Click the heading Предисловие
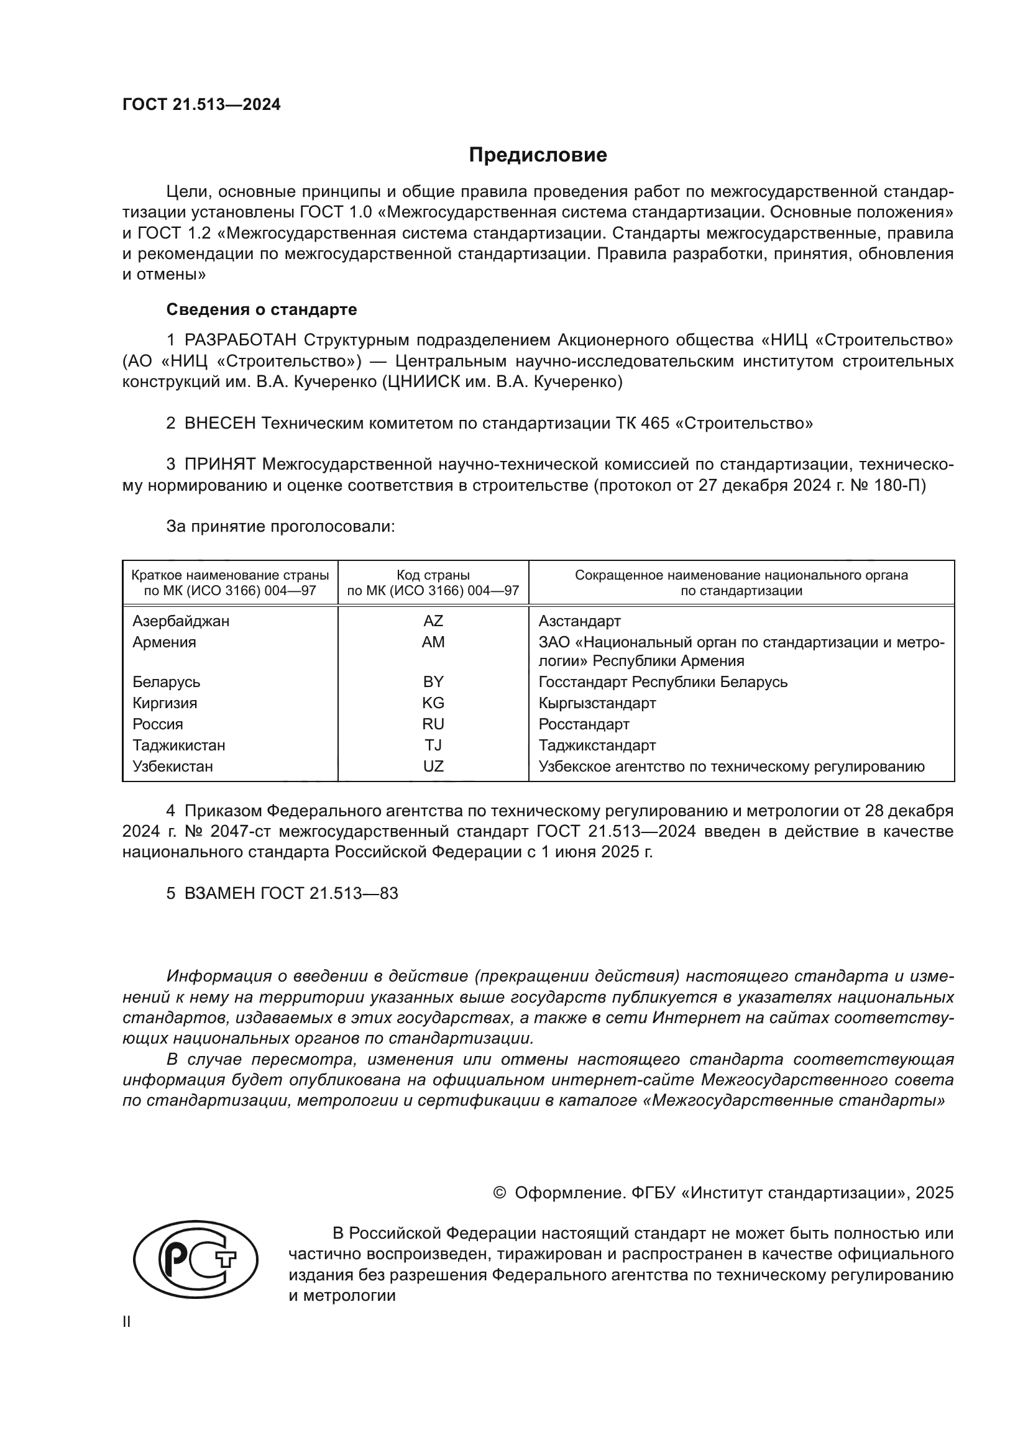538,155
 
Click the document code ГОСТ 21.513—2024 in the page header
201,105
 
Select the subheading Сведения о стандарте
262,309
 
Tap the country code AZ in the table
433,621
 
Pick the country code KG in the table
433,703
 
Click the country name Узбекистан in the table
172,767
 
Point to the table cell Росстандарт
584,724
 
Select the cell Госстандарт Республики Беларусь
663,682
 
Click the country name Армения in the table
164,642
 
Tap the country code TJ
433,745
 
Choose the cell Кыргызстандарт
597,703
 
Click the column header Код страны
433,575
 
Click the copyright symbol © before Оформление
499,1193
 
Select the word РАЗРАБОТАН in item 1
241,340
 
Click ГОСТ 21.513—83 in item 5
329,893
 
